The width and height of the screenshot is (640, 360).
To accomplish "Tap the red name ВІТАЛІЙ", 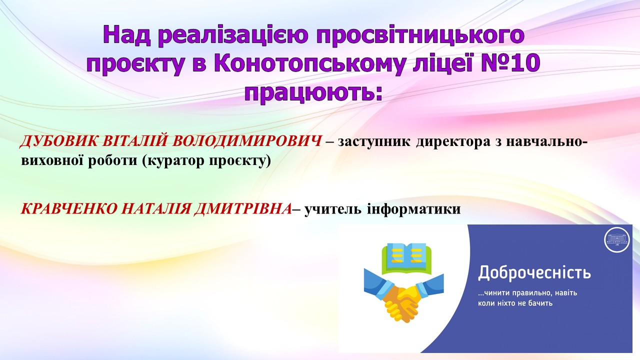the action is coord(134,141).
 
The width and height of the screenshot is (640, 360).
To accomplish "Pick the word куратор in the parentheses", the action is coord(176,161).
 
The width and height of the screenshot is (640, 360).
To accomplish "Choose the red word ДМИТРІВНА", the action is coord(243,209).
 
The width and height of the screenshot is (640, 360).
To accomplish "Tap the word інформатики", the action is coord(413,209).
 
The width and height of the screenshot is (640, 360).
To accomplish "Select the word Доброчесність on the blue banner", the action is coord(534,272).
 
